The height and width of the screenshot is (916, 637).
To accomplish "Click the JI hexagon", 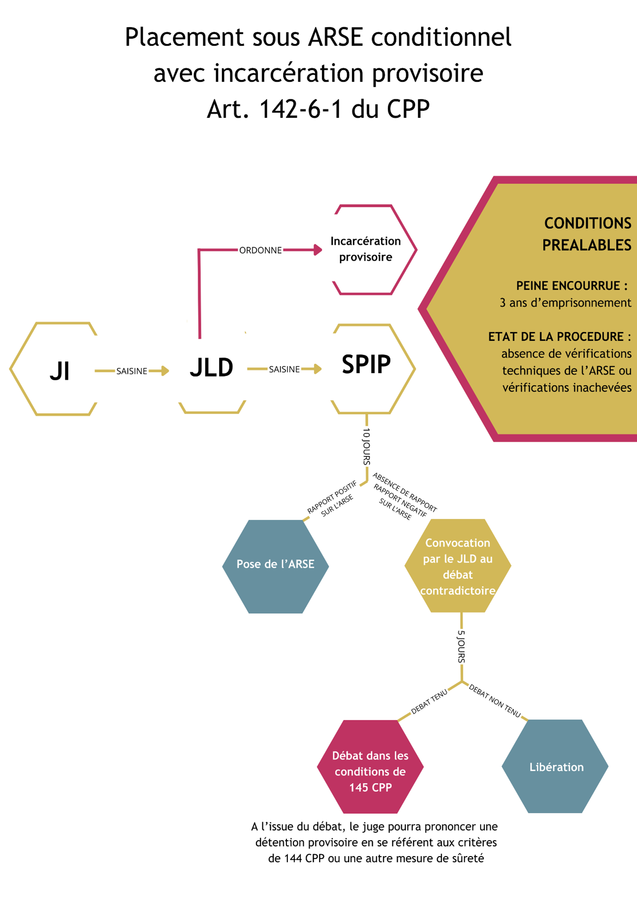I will pyautogui.click(x=59, y=370).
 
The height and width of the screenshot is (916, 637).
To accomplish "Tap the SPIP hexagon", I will pyautogui.click(x=366, y=365).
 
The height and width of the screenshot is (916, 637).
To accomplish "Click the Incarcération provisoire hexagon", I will pyautogui.click(x=366, y=249).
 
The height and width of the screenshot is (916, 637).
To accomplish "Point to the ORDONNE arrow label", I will pyautogui.click(x=260, y=250).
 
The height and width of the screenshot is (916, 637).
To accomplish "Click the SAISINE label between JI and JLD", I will pyautogui.click(x=132, y=371).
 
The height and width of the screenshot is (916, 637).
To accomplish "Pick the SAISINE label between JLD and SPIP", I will pyautogui.click(x=284, y=369).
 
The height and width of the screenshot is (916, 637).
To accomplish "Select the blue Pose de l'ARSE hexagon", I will pyautogui.click(x=275, y=564).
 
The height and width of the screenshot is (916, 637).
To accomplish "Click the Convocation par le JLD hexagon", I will pyautogui.click(x=457, y=566).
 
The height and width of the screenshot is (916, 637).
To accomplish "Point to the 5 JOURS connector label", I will pyautogui.click(x=461, y=646).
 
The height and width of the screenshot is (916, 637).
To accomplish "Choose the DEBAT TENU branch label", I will pyautogui.click(x=429, y=702).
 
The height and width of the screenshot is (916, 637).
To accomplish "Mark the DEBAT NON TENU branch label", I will pyautogui.click(x=495, y=701).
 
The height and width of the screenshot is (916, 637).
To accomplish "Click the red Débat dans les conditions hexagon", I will pyautogui.click(x=370, y=771).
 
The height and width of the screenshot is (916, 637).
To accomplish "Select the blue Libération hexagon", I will pyautogui.click(x=556, y=767).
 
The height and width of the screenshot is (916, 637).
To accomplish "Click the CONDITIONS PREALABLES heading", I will pyautogui.click(x=587, y=234).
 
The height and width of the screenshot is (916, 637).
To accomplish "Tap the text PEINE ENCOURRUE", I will pyautogui.click(x=571, y=286).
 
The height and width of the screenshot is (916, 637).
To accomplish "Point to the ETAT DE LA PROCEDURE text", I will pyautogui.click(x=559, y=337).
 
